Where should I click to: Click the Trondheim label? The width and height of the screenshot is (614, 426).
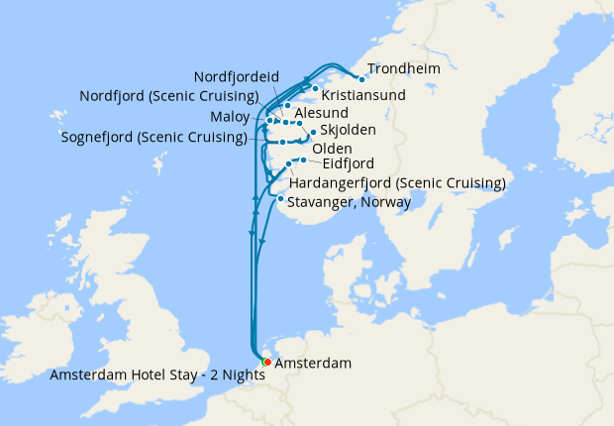pos(403,69)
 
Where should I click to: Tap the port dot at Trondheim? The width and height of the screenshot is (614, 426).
pos(361,79)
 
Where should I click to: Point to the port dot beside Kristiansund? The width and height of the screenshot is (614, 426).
pos(316,90)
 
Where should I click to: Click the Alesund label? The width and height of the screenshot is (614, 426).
pos(322,115)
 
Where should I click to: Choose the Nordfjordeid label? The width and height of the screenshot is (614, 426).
pos(237,76)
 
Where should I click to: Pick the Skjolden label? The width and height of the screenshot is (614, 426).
pos(348,131)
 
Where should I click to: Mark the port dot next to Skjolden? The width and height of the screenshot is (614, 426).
pos(313,132)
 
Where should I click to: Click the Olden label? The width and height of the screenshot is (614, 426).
pos(331,149)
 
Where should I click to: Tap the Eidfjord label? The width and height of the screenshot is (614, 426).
pos(348,164)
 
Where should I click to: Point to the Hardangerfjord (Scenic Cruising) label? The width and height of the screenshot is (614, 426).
pos(397,183)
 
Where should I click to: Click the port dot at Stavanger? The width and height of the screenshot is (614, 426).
pos(281,199)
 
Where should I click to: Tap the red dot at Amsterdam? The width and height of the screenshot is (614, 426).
pos(267,362)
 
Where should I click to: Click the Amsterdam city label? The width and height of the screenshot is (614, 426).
pos(312,364)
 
